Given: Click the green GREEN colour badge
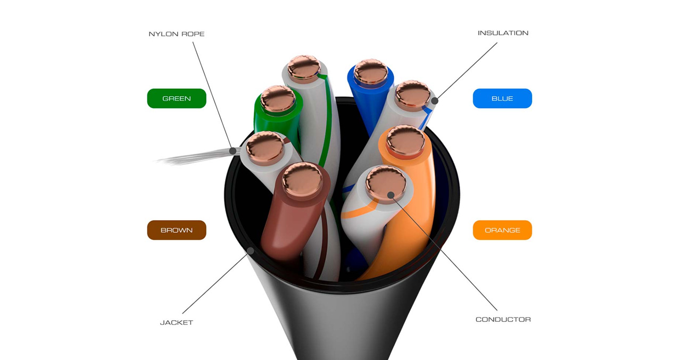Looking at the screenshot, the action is coord(177,98).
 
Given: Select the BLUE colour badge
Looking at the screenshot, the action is coord(502,98).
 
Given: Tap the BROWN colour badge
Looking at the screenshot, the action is coord(177,230).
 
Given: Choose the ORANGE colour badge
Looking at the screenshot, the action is coord(502,230).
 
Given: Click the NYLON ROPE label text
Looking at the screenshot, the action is coord(176,34).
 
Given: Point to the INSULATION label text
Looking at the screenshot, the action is coord(503,33).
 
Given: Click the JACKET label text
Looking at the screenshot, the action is coord(176,323).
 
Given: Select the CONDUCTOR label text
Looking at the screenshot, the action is coord(503,320).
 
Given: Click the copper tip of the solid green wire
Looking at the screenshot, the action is coord(278,99).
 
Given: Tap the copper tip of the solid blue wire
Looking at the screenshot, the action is coord(371,72).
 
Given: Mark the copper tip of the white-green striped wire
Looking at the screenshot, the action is coord(304,69).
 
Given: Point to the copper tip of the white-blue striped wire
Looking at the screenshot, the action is coord(412,95).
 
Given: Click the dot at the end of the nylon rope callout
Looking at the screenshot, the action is coord(233,150).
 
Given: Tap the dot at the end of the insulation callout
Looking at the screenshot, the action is coord(435,101).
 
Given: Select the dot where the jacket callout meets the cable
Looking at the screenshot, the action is coord(251,250).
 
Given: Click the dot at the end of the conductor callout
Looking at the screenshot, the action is coord(391,195).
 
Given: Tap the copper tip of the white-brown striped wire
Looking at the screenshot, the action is coord(265,148).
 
